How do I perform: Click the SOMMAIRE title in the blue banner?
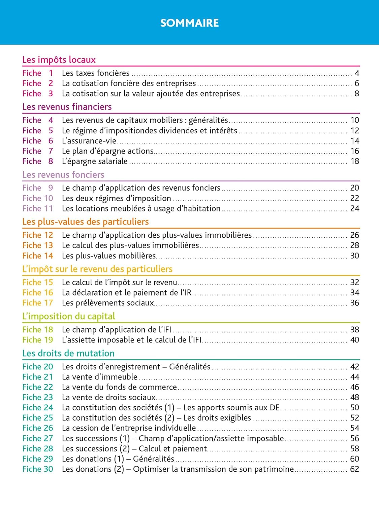[189, 23]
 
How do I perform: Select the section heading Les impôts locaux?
[59, 60]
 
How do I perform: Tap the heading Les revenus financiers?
[67, 107]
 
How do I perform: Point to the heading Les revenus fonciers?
[63, 174]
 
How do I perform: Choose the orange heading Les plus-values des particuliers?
[85, 222]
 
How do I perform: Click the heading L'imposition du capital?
[68, 316]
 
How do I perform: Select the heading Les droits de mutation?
[68, 353]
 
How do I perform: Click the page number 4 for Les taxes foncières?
[357, 73]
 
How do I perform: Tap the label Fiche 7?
[37, 151]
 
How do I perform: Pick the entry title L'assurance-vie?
[89, 141]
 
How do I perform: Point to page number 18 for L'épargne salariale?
[355, 161]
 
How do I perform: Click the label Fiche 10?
[37, 198]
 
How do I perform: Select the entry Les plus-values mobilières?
[109, 256]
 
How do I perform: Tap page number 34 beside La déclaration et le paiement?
[355, 293]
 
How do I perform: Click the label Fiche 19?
[37, 340]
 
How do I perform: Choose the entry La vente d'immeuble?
[100, 377]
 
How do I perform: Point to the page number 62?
[355, 469]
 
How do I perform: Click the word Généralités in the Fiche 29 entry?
[154, 459]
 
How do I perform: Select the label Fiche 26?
[37, 428]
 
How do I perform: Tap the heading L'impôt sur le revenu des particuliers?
[97, 269]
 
